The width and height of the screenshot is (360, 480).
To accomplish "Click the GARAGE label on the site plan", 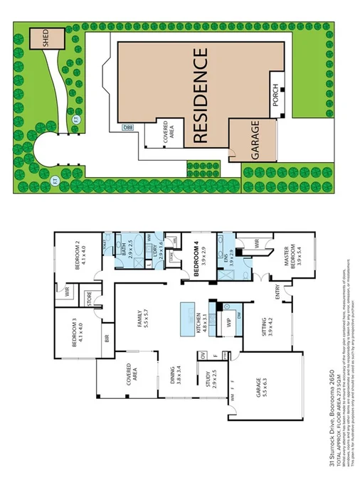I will (x=255, y=140).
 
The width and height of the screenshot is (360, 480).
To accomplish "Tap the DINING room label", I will (x=171, y=375).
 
